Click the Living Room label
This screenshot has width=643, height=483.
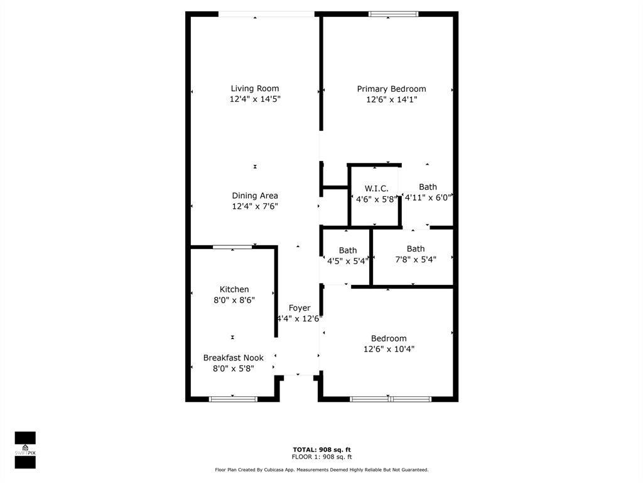click(x=255, y=88)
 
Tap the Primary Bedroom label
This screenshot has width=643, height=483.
click(x=391, y=89)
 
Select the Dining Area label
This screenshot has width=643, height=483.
click(x=255, y=196)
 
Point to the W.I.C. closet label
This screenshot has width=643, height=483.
click(x=377, y=189)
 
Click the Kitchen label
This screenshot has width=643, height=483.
click(x=234, y=289)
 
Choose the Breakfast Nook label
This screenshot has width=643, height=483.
click(x=234, y=358)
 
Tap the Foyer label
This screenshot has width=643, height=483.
click(x=300, y=308)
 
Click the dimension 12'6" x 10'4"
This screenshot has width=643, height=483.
click(x=389, y=348)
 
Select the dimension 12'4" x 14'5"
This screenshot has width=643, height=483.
click(x=255, y=99)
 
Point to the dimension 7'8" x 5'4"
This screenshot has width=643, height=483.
click(x=416, y=259)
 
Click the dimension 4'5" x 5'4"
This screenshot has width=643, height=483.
click(x=348, y=261)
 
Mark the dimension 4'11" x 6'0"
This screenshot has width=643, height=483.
click(x=428, y=197)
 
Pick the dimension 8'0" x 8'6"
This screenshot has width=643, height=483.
click(x=234, y=300)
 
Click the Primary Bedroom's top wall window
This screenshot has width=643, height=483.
click(x=393, y=14)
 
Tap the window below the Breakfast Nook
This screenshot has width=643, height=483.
click(x=233, y=399)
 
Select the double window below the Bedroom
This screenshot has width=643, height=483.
click(x=391, y=399)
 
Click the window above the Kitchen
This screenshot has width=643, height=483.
click(x=232, y=247)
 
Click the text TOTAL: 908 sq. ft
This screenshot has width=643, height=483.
click(x=321, y=450)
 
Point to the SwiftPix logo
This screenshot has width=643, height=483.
click(x=25, y=450)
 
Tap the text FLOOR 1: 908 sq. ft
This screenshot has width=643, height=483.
click(x=321, y=457)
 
